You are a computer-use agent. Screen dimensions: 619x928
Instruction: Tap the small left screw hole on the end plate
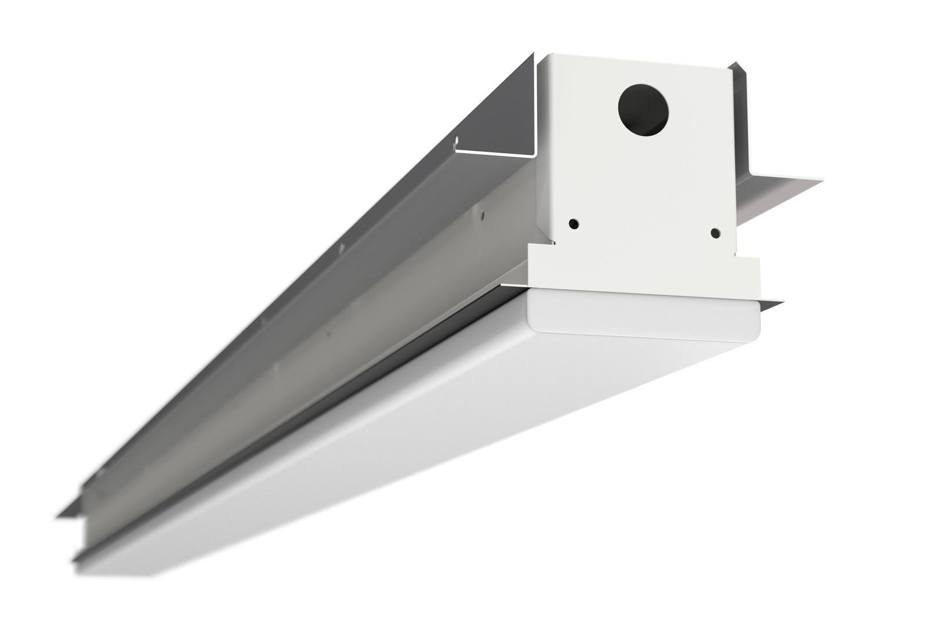coord(573,222)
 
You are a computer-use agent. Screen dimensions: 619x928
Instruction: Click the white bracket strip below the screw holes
coord(644,273)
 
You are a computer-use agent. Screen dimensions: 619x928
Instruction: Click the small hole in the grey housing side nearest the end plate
coord(481,213)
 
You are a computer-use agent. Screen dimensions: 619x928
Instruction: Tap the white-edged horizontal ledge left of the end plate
coord(493,153)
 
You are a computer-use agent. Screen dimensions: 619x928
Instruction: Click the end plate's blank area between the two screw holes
coord(644,226)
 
